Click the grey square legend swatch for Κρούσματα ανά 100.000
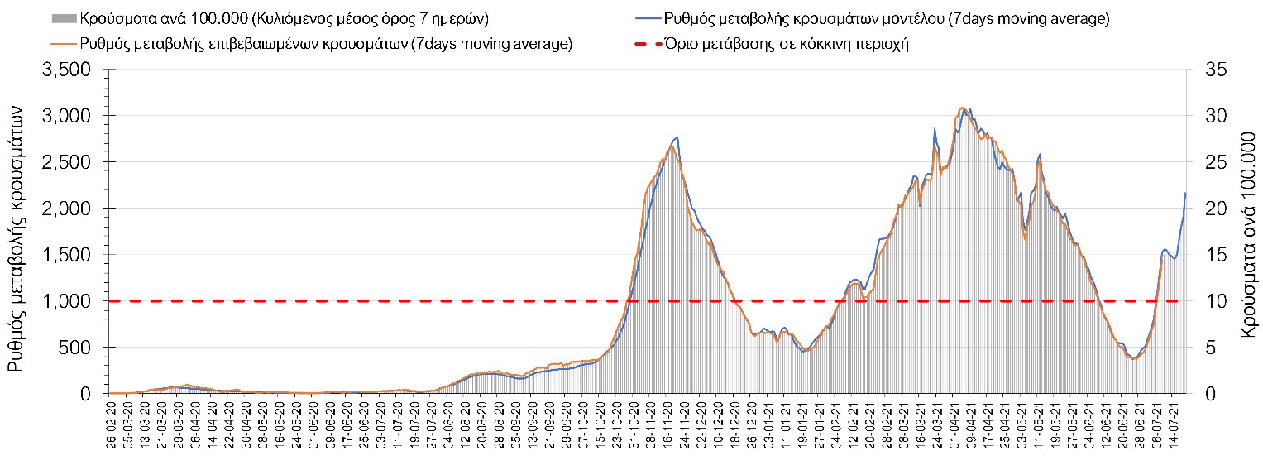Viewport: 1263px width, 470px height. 65,19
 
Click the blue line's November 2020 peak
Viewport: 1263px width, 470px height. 676,138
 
